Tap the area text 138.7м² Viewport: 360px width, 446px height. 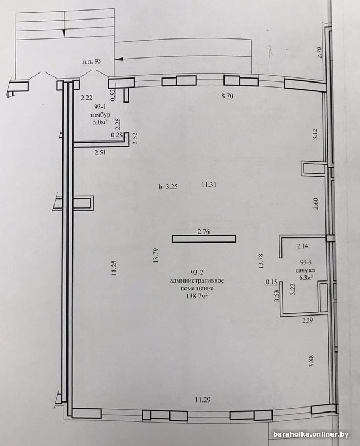(x=197, y=297)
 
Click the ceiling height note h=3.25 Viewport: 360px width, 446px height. (x=168, y=187)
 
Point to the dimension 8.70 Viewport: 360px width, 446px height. (x=227, y=96)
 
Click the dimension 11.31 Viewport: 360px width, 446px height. (x=209, y=185)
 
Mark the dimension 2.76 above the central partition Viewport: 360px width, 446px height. (x=203, y=232)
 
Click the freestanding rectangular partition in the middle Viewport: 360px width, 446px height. (x=204, y=239)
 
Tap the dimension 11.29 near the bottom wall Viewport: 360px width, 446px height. (x=203, y=400)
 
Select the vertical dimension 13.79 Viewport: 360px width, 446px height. (x=156, y=255)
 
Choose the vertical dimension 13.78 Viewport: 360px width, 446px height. (x=261, y=261)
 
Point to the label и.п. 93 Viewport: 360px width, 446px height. (x=92, y=61)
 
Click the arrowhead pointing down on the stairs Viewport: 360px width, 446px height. (x=64, y=33)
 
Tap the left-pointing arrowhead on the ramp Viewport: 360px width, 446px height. (x=119, y=59)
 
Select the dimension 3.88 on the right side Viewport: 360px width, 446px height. (x=312, y=361)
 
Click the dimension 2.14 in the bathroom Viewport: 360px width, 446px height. (x=302, y=246)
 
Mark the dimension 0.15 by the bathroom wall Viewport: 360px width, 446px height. (x=271, y=282)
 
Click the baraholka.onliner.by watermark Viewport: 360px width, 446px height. (x=311, y=434)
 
